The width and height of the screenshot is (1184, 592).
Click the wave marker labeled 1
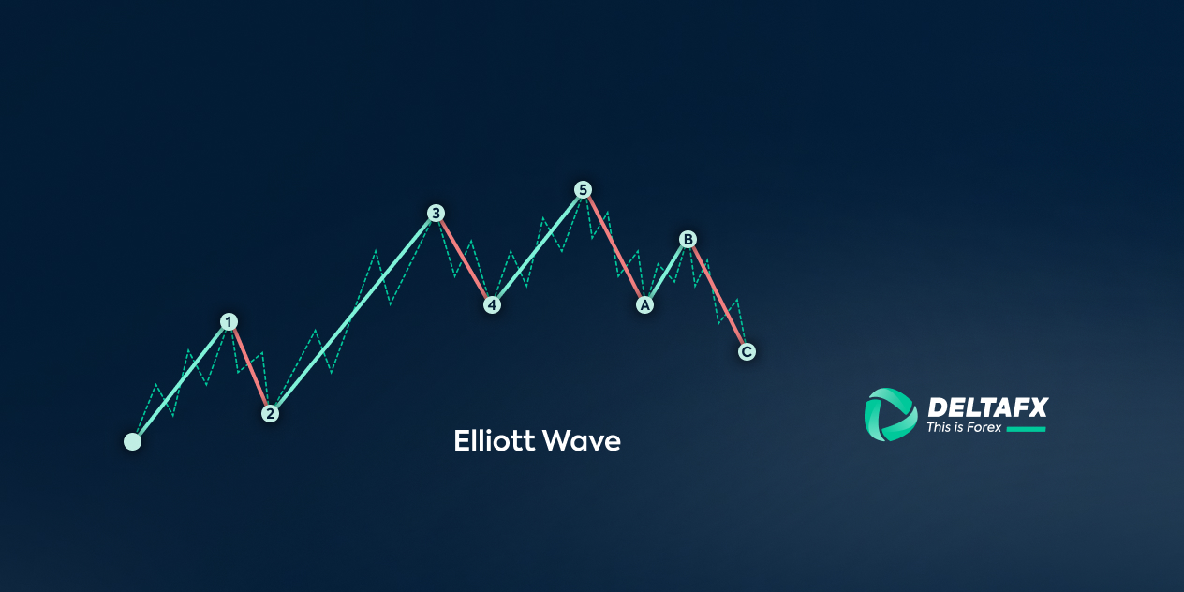click(x=229, y=322)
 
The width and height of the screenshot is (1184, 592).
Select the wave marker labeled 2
click(x=270, y=413)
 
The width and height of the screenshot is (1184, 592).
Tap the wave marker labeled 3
click(x=437, y=213)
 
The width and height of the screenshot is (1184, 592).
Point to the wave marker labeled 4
click(x=492, y=305)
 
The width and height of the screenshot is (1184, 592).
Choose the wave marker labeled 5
click(x=583, y=189)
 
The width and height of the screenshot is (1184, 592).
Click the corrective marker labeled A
click(x=644, y=305)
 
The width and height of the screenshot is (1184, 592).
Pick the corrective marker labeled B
click(x=688, y=240)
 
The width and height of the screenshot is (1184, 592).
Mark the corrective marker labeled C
click(x=747, y=351)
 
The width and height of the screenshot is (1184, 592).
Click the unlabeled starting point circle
click(x=133, y=441)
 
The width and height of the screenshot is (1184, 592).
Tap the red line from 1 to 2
click(x=249, y=367)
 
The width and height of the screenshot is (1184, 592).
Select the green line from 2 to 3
click(x=353, y=314)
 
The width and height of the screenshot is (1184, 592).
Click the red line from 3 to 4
click(x=464, y=259)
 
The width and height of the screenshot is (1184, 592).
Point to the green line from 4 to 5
click(x=538, y=247)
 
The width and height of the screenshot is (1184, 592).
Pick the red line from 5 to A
click(x=614, y=247)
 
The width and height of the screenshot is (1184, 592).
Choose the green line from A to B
click(x=666, y=273)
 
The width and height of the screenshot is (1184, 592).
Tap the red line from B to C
click(x=718, y=295)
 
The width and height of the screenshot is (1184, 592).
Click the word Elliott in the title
click(x=494, y=440)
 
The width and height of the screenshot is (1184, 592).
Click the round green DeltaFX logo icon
click(x=891, y=415)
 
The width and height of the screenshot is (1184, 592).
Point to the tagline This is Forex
click(x=964, y=427)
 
